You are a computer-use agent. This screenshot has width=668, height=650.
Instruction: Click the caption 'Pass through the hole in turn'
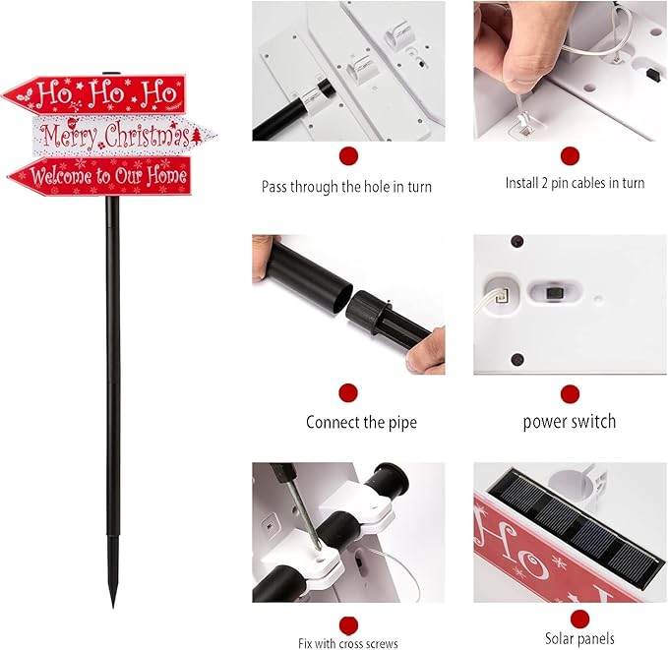pos(346,186)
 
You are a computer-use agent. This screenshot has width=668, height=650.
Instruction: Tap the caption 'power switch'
pos(570,422)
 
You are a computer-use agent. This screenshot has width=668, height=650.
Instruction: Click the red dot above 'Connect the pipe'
pos(348,393)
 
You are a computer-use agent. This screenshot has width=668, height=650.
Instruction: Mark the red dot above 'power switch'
pos(570,393)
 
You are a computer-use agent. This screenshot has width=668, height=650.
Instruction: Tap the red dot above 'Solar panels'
pos(579,618)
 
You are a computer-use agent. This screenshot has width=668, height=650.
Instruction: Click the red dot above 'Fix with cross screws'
pos(348,623)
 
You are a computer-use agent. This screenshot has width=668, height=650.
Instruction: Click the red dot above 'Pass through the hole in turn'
pos(348,155)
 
